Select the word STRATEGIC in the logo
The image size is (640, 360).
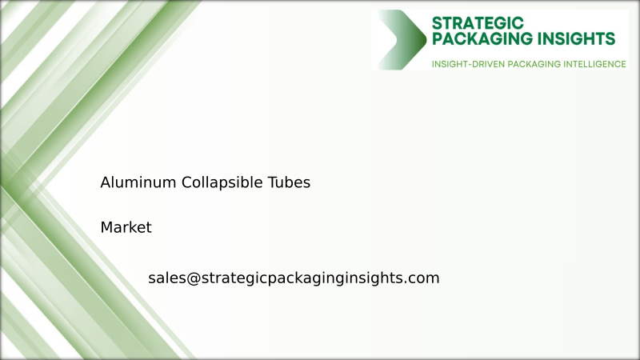477,22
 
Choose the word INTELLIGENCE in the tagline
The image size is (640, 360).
594,63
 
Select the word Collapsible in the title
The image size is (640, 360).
221,182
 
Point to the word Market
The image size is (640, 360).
126,228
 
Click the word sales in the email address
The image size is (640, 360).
166,278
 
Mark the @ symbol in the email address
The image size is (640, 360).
193,278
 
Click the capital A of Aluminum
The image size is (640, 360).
106,182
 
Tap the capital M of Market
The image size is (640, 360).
106,228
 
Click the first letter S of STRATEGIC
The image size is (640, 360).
437,22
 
